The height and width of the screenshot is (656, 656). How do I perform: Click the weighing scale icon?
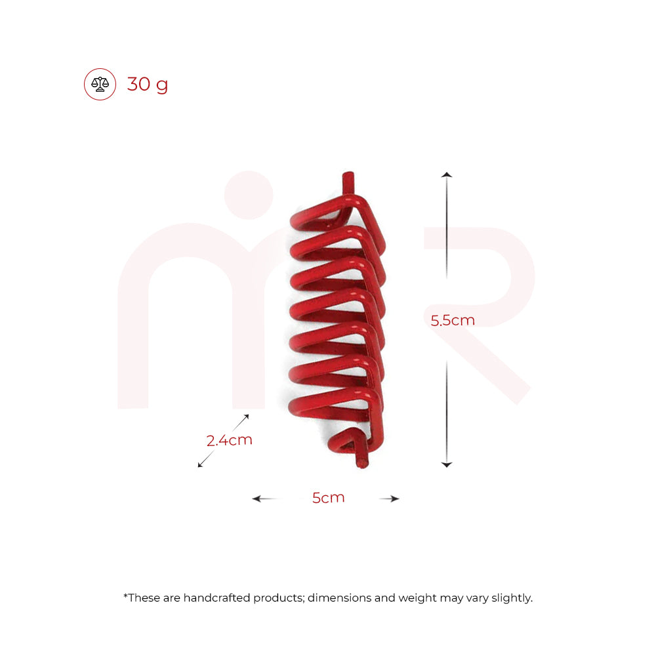(100, 84)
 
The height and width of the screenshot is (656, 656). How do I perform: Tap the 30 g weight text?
(148, 85)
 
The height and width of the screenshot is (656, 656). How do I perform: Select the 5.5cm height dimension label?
(453, 320)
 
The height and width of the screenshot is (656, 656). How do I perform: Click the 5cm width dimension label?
(328, 498)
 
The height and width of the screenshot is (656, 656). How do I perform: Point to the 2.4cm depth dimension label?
(230, 440)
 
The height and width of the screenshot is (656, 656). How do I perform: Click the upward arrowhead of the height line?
(447, 175)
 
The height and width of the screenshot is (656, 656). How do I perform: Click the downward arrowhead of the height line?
(447, 464)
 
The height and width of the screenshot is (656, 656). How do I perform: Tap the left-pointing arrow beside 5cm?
(258, 499)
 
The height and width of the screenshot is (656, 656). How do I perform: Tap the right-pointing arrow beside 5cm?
(394, 499)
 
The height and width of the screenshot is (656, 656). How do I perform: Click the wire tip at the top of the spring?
(348, 178)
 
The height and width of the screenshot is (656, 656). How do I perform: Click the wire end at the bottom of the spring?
(361, 462)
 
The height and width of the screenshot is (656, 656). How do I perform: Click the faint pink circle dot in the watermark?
(249, 195)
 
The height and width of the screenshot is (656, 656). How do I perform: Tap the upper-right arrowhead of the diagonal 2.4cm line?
(247, 417)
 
